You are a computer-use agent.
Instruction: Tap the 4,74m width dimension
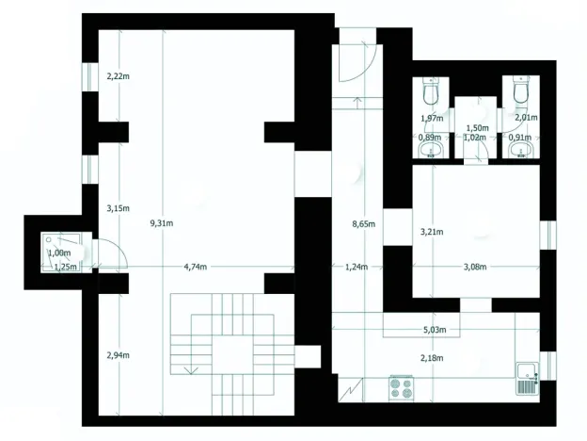click(x=198, y=267)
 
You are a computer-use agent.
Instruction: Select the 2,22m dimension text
click(x=118, y=74)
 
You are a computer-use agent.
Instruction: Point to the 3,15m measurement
click(x=118, y=207)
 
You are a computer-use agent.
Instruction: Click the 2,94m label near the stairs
click(x=118, y=354)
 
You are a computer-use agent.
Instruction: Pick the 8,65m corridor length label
click(x=363, y=223)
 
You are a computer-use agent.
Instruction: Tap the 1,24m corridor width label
click(x=356, y=267)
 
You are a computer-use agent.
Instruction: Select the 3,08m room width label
click(x=475, y=267)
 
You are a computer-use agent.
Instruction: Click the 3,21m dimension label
click(x=431, y=231)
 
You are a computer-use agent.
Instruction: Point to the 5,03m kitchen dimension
click(x=435, y=330)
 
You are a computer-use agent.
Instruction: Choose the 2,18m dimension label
click(x=433, y=358)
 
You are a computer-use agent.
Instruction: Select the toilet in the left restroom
click(x=432, y=92)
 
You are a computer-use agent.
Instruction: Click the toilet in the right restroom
click(x=520, y=92)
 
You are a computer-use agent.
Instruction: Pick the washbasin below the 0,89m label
click(x=432, y=152)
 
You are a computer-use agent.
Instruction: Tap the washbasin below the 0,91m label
click(x=520, y=152)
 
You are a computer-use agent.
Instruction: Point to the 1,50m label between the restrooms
click(x=477, y=127)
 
